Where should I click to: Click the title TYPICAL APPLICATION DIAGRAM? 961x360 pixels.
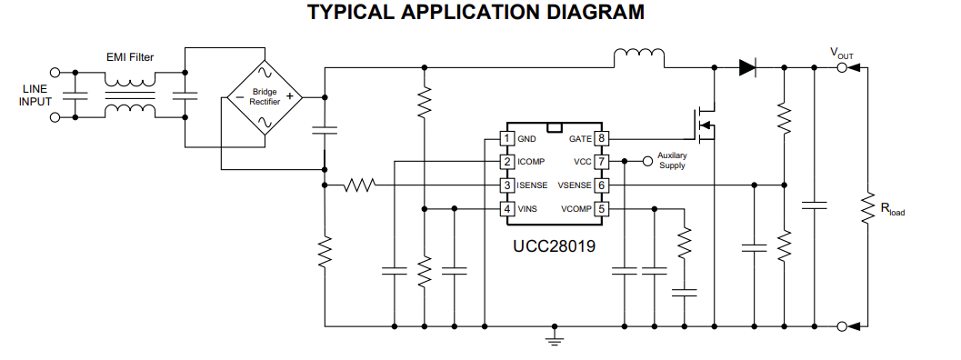pos(476,13)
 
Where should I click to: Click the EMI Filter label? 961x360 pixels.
pos(130,57)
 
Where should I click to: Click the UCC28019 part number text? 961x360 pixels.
pos(554,245)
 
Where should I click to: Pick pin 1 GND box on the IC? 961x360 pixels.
pos(507,138)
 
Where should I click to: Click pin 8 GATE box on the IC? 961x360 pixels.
pos(601,138)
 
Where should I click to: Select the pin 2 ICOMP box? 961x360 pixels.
pos(507,162)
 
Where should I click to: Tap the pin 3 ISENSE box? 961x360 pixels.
pos(507,185)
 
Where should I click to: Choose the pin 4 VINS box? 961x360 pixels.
pos(507,209)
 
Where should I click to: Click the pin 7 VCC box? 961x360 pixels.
pos(601,162)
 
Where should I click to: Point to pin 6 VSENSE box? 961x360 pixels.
pos(601,185)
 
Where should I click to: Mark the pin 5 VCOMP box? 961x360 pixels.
pos(601,209)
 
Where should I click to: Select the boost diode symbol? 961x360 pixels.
pos(747,66)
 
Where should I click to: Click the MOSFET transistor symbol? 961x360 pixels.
pos(704,125)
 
